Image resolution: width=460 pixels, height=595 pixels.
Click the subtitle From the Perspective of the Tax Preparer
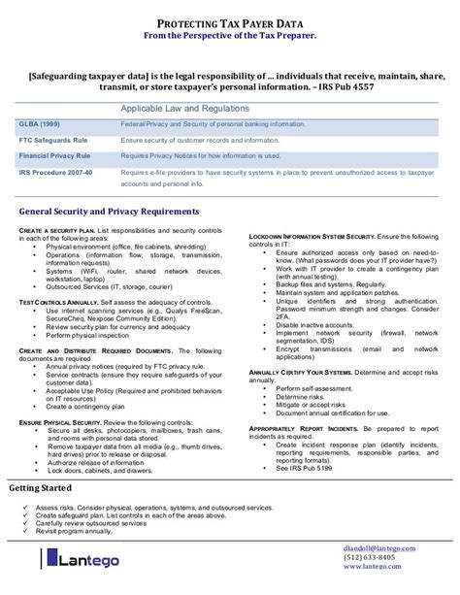pyautogui.click(x=230, y=37)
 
